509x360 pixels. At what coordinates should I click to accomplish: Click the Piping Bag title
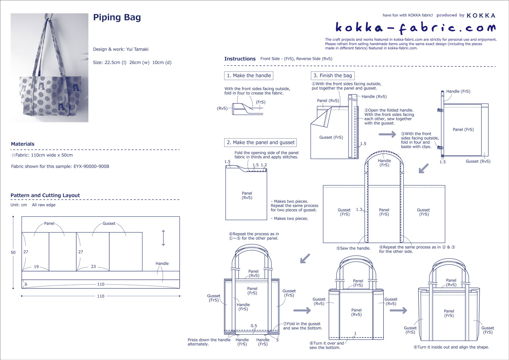click(x=117, y=17)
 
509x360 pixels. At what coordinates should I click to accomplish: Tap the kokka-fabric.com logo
click(x=415, y=28)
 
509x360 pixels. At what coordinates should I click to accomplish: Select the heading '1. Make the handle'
click(x=249, y=75)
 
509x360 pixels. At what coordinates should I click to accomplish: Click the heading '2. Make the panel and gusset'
click(x=260, y=143)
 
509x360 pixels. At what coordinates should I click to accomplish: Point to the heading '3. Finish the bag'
click(x=332, y=75)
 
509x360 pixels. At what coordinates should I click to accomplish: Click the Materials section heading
click(x=23, y=144)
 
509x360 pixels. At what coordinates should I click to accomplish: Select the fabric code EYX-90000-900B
click(x=91, y=167)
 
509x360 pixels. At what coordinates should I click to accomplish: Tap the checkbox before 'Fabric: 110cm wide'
click(x=13, y=155)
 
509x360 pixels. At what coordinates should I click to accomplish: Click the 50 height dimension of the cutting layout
click(x=13, y=252)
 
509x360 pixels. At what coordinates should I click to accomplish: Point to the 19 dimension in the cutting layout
click(x=36, y=267)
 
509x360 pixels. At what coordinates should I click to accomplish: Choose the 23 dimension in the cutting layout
click(x=93, y=267)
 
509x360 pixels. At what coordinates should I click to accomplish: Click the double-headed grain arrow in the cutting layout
click(x=163, y=238)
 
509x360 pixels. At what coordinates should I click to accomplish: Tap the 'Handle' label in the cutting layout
click(x=162, y=264)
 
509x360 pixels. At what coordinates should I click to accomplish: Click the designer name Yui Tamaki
click(x=137, y=49)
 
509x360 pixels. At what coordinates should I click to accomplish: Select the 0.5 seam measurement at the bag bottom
click(x=254, y=326)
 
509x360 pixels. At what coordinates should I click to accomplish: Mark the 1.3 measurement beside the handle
click(x=359, y=210)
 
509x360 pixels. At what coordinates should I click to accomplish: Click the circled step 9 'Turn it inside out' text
click(x=451, y=347)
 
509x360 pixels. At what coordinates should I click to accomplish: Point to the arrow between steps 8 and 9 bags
click(x=398, y=310)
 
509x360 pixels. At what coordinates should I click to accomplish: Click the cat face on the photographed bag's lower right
click(x=61, y=106)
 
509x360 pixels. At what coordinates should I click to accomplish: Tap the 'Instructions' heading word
click(x=240, y=59)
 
